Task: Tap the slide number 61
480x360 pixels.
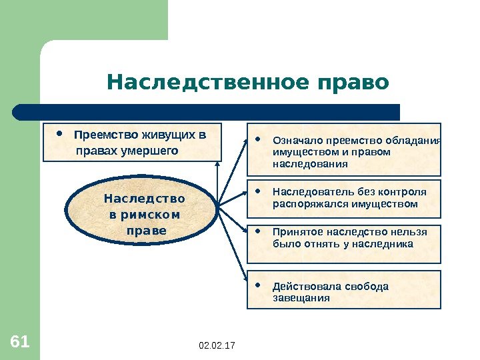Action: coord(20,343)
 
